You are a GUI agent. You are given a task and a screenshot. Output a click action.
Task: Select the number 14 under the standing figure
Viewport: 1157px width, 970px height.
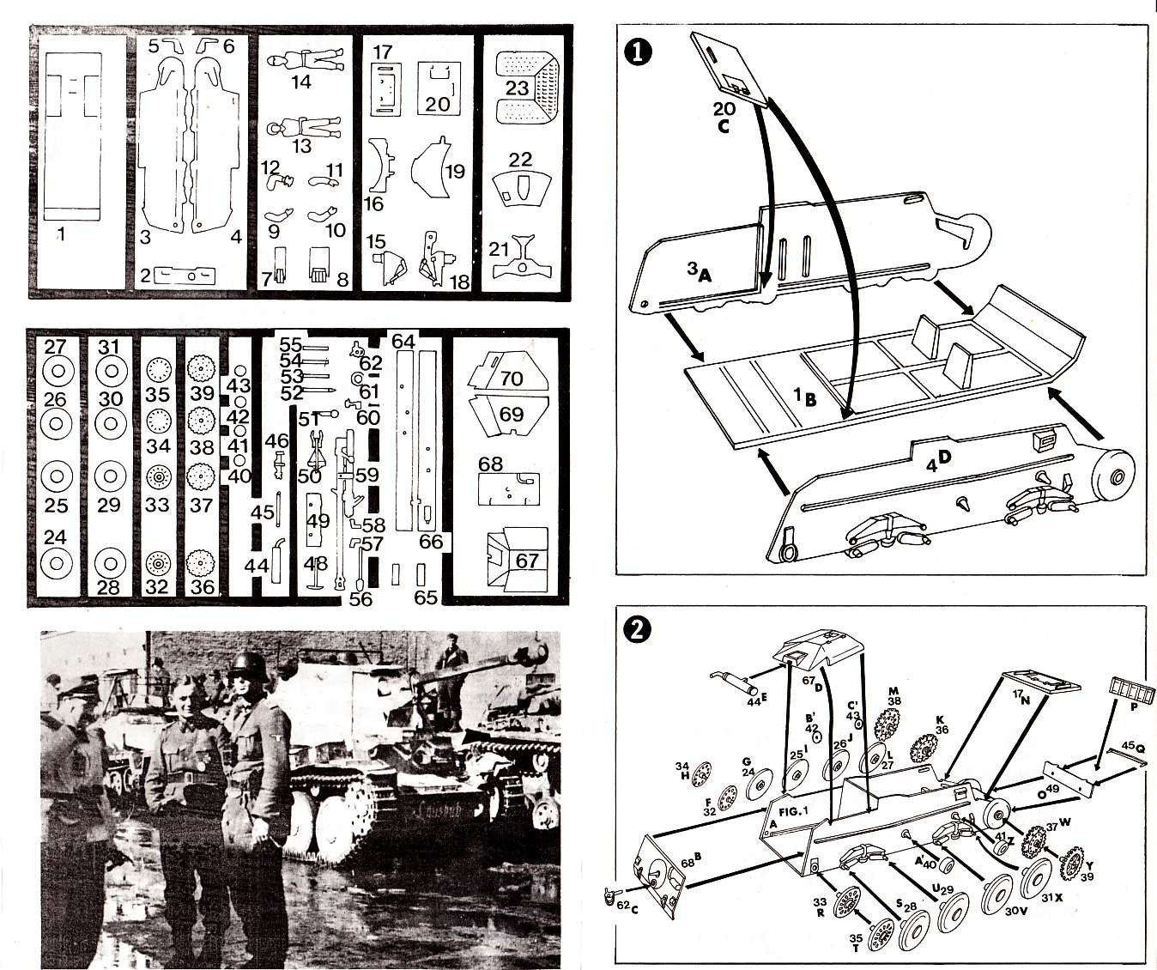(x=300, y=82)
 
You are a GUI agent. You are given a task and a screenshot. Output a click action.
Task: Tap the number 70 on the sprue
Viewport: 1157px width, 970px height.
(x=512, y=379)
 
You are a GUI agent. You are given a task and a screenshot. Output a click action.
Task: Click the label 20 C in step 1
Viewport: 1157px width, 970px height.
(x=724, y=117)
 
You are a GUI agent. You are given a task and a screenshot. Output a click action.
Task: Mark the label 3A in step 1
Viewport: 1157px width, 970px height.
(x=699, y=272)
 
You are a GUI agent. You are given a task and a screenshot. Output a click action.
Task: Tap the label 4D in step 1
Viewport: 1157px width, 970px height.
(x=939, y=461)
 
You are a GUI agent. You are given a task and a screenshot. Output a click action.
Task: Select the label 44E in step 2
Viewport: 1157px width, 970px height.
(x=754, y=700)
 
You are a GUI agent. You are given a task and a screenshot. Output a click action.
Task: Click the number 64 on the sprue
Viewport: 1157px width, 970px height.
(x=403, y=341)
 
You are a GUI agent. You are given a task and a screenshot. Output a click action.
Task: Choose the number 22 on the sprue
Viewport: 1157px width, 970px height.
(x=520, y=160)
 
